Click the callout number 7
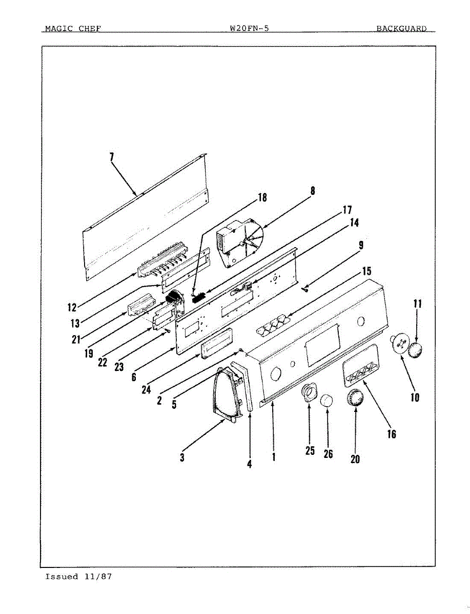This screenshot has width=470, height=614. (112, 157)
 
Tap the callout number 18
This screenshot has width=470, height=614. (262, 198)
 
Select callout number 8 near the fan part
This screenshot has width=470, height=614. (312, 191)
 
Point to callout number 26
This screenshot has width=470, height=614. (329, 454)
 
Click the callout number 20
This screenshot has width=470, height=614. (355, 459)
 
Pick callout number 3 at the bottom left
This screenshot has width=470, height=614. (182, 457)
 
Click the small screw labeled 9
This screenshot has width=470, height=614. (305, 291)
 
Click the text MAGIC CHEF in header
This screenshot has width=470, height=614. (73, 29)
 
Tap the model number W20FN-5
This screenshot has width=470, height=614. (250, 29)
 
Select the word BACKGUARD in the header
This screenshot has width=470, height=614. (401, 29)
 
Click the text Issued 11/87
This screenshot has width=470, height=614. (78, 577)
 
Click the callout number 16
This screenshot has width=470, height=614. (391, 434)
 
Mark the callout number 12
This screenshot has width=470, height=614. (72, 308)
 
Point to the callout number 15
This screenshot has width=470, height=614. (367, 271)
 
